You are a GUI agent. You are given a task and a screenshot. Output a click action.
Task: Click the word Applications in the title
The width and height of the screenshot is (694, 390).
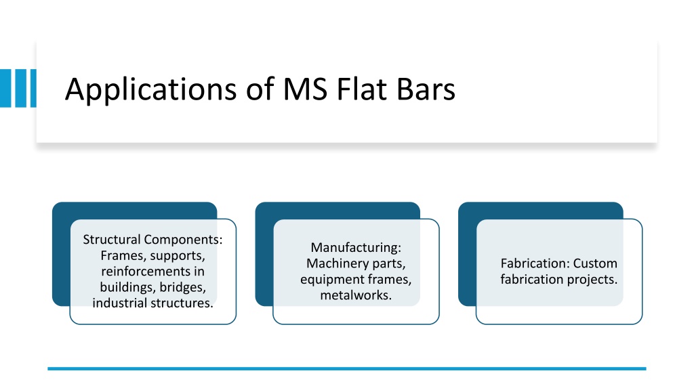[151, 90]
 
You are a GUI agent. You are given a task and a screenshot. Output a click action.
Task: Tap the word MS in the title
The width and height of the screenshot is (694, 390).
[305, 89]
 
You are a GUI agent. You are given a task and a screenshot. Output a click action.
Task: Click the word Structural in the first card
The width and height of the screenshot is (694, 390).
[112, 239]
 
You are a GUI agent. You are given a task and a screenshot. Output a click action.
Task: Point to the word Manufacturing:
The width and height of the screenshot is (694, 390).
[356, 248]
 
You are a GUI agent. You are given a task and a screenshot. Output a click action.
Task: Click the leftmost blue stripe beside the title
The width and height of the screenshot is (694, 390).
[5, 88]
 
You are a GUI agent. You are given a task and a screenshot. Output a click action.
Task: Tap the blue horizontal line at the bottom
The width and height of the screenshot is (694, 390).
[347, 368]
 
